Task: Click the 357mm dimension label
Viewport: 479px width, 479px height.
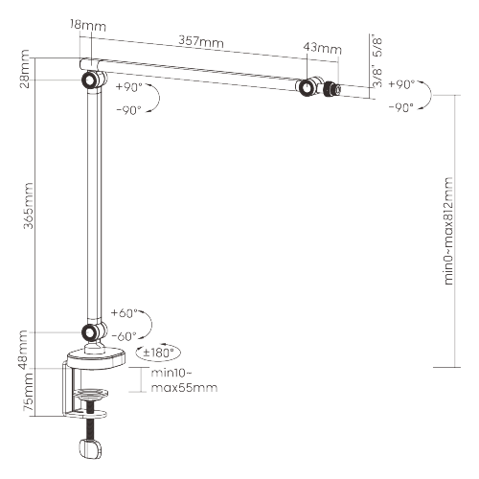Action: [201, 41]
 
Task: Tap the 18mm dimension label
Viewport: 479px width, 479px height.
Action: [88, 25]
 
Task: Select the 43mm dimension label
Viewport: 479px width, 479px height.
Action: [322, 48]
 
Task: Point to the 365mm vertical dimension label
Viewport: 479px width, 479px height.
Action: [29, 205]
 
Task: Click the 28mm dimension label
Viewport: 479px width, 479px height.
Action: [24, 69]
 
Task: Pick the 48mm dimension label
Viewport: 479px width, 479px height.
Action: [23, 350]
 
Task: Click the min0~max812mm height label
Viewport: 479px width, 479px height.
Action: [448, 231]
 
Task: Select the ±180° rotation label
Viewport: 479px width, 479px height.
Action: [158, 353]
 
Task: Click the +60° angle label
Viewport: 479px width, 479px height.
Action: [125, 313]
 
